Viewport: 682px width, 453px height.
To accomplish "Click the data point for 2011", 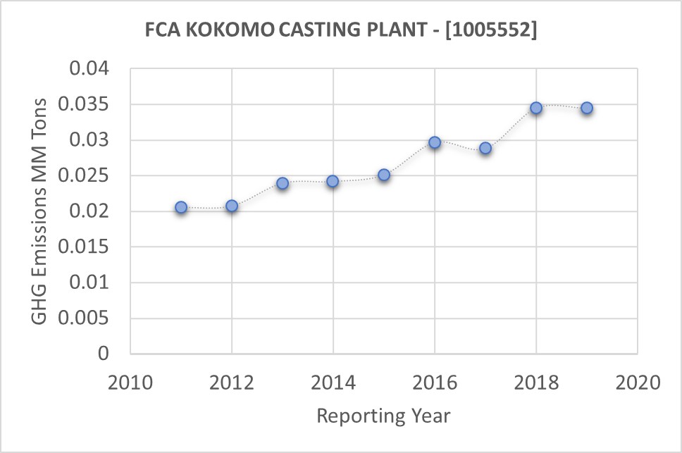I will (x=181, y=207).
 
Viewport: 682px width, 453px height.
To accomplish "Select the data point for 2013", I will (x=283, y=183).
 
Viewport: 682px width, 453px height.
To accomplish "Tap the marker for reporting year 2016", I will (x=435, y=142).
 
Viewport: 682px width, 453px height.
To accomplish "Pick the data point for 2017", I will (x=485, y=149).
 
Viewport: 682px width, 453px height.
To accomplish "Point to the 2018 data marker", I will (x=536, y=108).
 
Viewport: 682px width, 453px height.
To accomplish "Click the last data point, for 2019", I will (x=587, y=108).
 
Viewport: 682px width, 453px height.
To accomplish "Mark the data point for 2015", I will (x=384, y=175).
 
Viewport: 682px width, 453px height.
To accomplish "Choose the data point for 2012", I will (x=232, y=206).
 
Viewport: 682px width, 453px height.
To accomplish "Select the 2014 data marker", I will (x=333, y=181).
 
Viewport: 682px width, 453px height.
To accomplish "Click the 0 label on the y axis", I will (x=104, y=354).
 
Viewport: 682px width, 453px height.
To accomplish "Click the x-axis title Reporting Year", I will (x=383, y=416).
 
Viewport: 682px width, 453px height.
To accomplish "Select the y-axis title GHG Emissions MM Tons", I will (x=41, y=211).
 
